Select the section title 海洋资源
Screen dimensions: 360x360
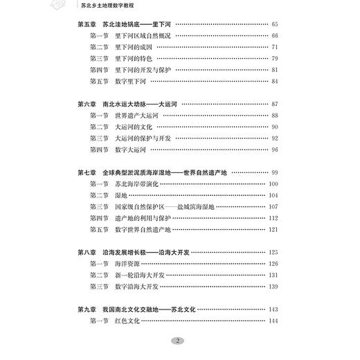click(x=129, y=263)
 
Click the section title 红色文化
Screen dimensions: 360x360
click(x=129, y=320)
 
